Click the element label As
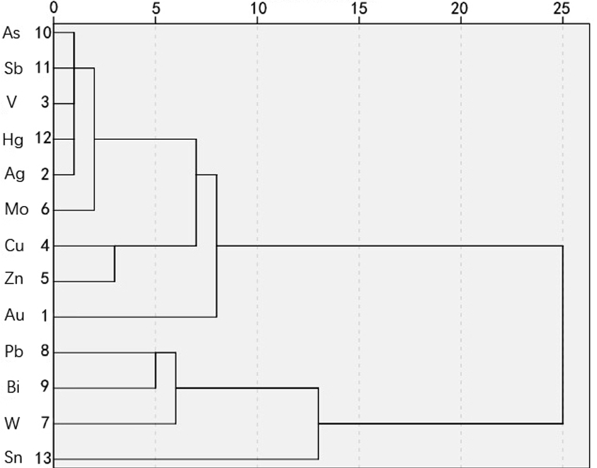pyautogui.click(x=11, y=33)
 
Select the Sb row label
pyautogui.click(x=13, y=69)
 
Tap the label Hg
pyautogui.click(x=13, y=139)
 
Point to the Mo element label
pyautogui.click(x=16, y=210)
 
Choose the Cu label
pyautogui.click(x=14, y=246)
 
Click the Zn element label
pyautogui.click(x=13, y=278)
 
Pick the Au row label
pyautogui.click(x=14, y=314)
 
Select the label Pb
pyautogui.click(x=13, y=351)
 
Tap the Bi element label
pyautogui.click(x=13, y=387)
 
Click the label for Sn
pyautogui.click(x=13, y=457)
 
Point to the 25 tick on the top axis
pyautogui.click(x=562, y=8)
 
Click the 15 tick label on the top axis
pyautogui.click(x=359, y=8)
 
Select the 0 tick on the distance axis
pyautogui.click(x=54, y=8)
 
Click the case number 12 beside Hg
pyautogui.click(x=43, y=139)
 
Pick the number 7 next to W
pyautogui.click(x=45, y=423)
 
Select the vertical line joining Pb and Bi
pyautogui.click(x=156, y=370)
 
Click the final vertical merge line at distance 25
pyautogui.click(x=562, y=334)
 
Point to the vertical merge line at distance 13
pyautogui.click(x=318, y=423)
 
